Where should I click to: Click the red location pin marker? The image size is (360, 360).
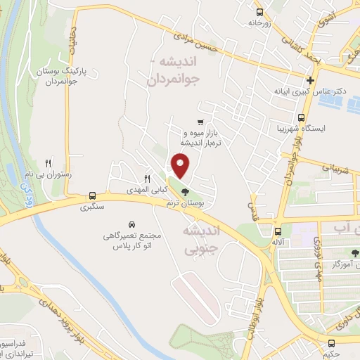click(x=181, y=166)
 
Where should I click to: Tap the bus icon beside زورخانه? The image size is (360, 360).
click(x=260, y=12)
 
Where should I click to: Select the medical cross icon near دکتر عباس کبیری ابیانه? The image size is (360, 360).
click(x=310, y=79)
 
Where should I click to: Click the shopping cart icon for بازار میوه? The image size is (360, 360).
click(x=202, y=121)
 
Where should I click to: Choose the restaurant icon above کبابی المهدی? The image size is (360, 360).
click(x=147, y=179)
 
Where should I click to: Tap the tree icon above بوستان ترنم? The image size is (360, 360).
click(x=186, y=191)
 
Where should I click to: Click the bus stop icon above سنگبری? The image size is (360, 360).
click(x=93, y=196)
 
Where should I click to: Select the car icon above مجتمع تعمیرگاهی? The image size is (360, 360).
click(x=131, y=223)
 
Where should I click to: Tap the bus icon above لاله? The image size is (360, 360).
click(x=278, y=231)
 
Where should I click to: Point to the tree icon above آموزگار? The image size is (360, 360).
click(x=355, y=250)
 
